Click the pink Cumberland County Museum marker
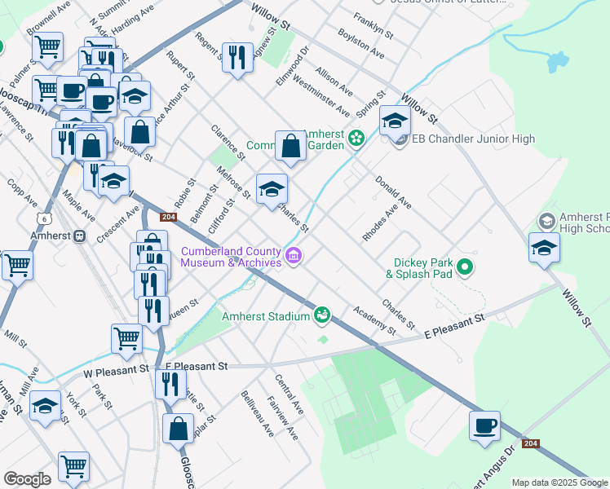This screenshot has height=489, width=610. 294,258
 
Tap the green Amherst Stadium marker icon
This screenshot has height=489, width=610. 323,315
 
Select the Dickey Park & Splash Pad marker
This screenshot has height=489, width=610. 465,267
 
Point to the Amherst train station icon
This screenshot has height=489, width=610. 80,236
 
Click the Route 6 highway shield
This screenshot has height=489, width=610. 42,218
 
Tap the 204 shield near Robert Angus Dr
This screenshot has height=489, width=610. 531,443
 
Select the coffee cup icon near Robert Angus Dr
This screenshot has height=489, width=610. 484,426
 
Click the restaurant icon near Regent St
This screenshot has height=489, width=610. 237,57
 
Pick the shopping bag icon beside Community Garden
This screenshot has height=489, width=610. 290,147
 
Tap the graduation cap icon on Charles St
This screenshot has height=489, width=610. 272,190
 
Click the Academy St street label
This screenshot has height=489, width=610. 374,320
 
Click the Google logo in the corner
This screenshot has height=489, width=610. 27,479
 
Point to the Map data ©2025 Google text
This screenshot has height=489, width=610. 559,482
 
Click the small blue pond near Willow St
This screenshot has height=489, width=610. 557,60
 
